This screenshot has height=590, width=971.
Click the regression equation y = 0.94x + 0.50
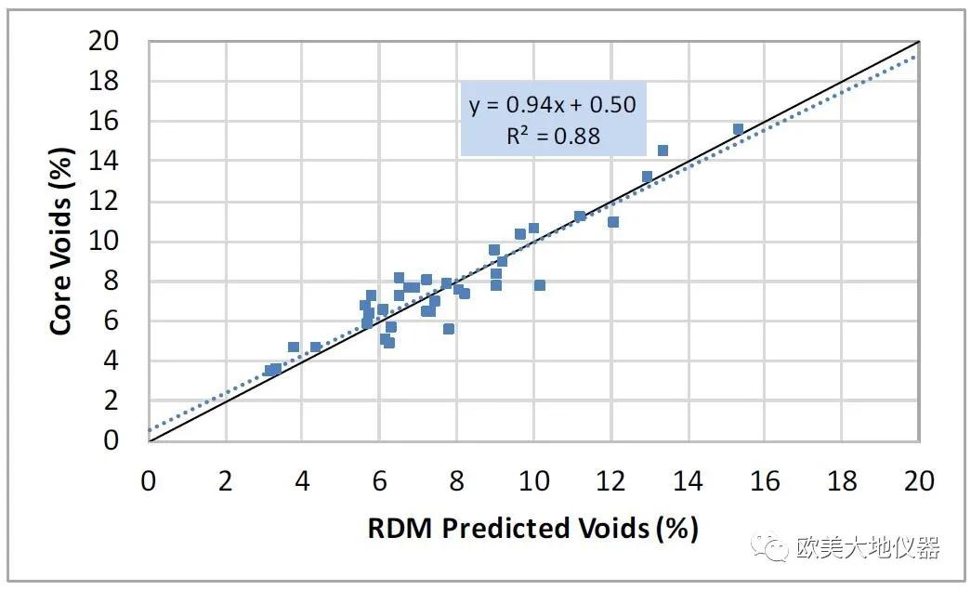(x=553, y=104)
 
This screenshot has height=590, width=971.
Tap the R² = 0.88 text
(x=553, y=136)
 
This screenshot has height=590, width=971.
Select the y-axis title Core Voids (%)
(x=61, y=242)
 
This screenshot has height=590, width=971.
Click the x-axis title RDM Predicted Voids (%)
(x=532, y=528)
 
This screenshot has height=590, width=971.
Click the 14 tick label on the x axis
(x=688, y=481)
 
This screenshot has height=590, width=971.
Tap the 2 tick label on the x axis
(x=225, y=481)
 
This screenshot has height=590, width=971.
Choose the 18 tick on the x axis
(x=842, y=481)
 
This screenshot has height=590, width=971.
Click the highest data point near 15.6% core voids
(x=738, y=129)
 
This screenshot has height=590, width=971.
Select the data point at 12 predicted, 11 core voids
(x=612, y=222)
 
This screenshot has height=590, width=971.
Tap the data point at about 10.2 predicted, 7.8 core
(x=539, y=285)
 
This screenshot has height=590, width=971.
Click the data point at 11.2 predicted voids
(x=580, y=216)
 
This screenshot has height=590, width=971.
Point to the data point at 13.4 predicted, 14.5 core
(x=663, y=151)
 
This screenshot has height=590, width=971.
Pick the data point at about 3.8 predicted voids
(x=294, y=347)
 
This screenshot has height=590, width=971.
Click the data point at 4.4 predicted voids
(x=316, y=347)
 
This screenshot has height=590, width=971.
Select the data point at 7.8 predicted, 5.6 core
(x=449, y=329)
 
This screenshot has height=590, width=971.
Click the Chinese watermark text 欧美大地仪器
(x=868, y=548)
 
